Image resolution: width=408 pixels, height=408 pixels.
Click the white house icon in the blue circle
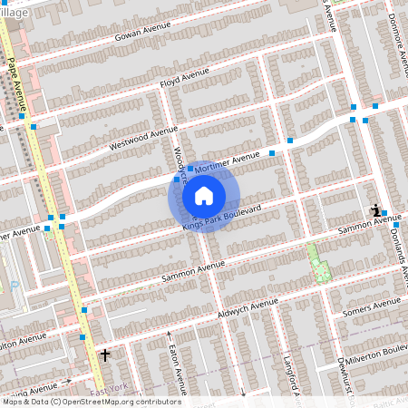[204, 196]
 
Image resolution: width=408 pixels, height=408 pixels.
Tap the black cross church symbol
[105, 355]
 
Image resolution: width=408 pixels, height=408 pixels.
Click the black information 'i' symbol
[375, 210]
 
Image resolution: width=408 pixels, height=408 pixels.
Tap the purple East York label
[109, 390]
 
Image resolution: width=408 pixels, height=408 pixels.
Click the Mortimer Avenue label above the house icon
[221, 162]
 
